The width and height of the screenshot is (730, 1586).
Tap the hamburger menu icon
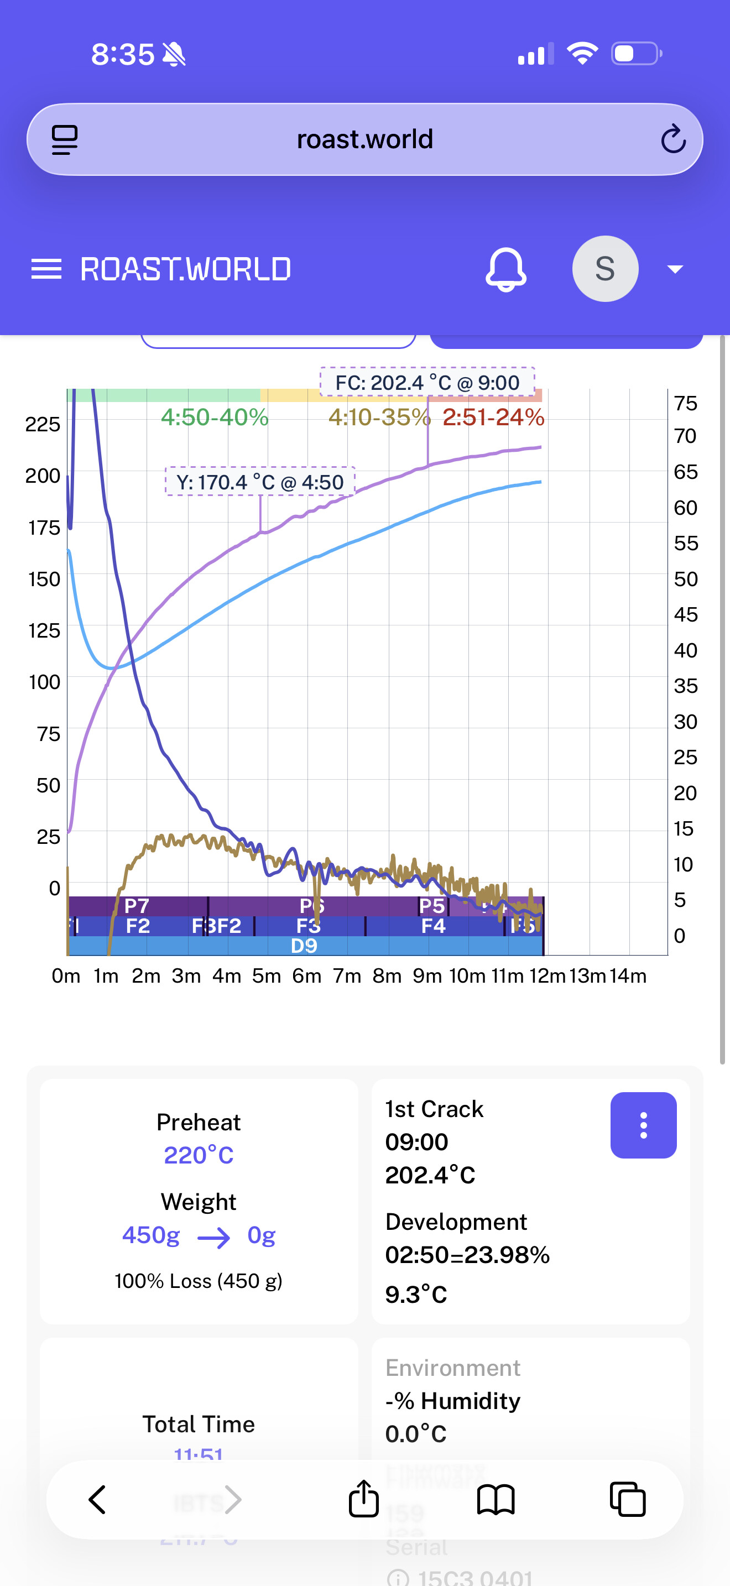click(x=46, y=269)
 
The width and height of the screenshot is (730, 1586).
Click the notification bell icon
click(x=506, y=269)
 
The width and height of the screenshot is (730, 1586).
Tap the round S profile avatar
click(x=605, y=269)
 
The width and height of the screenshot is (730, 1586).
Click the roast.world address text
click(x=365, y=139)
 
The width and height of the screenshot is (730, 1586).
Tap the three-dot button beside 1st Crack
click(x=643, y=1125)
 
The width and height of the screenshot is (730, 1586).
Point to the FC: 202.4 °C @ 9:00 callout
click(x=427, y=382)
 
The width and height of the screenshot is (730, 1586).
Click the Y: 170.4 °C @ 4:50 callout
click(x=260, y=482)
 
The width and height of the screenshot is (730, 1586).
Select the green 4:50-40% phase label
click(x=214, y=418)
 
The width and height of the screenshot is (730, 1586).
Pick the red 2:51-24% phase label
click(x=494, y=418)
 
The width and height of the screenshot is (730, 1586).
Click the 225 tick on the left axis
click(x=43, y=424)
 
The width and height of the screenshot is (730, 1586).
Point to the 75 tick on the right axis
click(x=686, y=403)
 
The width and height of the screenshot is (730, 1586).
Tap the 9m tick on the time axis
click(x=427, y=976)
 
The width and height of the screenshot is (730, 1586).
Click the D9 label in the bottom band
click(x=304, y=946)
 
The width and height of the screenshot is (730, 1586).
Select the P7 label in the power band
click(x=137, y=906)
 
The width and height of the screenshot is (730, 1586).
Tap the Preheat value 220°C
click(x=198, y=1155)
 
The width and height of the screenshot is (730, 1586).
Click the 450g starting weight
click(x=151, y=1235)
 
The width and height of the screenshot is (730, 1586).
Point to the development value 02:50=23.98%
click(x=467, y=1255)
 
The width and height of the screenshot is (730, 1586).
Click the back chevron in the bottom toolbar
click(x=97, y=1499)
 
